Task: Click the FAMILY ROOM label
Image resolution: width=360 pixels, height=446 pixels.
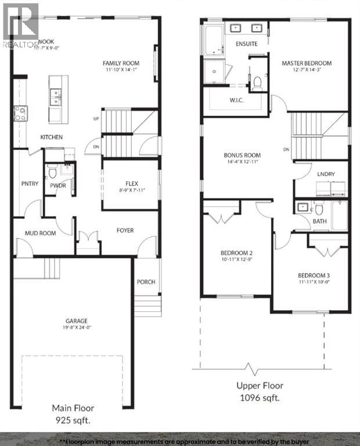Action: (121, 63)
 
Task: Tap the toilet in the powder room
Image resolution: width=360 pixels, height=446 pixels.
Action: (52, 171)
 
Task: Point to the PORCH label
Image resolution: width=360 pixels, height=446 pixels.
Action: (146, 282)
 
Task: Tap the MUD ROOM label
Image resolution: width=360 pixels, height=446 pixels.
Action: (39, 233)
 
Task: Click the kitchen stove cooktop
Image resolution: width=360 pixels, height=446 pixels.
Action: (19, 113)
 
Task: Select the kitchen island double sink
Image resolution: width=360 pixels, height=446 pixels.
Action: (56, 96)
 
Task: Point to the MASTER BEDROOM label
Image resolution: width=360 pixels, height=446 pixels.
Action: (307, 63)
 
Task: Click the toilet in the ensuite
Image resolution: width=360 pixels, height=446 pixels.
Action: (256, 84)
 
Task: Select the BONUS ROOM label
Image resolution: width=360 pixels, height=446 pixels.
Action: (242, 156)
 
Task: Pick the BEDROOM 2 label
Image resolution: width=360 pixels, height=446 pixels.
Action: (236, 253)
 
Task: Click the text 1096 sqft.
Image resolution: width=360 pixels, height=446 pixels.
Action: (260, 398)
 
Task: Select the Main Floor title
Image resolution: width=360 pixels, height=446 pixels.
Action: (73, 408)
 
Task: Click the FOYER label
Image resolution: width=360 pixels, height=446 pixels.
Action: (125, 231)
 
